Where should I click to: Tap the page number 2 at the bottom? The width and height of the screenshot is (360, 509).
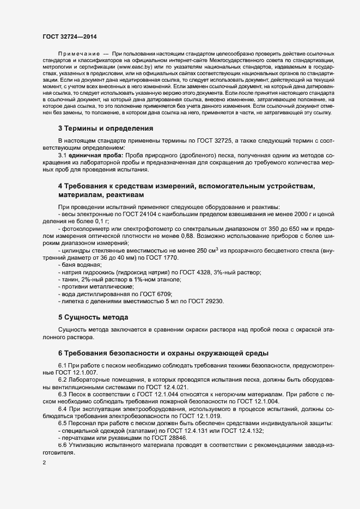click(x=45, y=463)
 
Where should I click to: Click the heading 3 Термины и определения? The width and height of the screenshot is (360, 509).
click(x=105, y=128)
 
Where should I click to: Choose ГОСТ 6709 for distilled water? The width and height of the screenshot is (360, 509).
click(x=155, y=293)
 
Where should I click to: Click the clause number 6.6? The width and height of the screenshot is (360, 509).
click(x=62, y=445)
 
